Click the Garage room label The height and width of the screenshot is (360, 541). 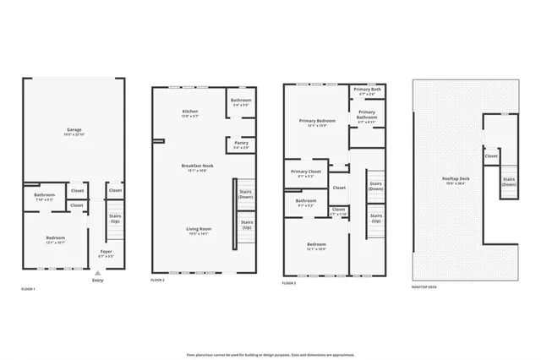pos(74,130)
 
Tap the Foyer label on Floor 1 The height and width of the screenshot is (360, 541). pos(107,252)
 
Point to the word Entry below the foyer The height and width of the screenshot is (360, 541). pos(98,281)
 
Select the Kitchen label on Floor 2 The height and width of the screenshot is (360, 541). pos(190,112)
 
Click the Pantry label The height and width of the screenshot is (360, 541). pos(242,144)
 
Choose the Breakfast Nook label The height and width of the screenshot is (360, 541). pos(195,166)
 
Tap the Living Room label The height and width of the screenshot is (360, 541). pos(199,229)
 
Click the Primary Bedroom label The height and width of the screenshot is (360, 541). pos(319,122)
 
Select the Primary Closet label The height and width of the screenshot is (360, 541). pos(309,172)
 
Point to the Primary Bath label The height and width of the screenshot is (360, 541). pos(368,89)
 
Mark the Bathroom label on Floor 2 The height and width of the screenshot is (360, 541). pos(241,101)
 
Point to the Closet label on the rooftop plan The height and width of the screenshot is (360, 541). pos(491,156)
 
